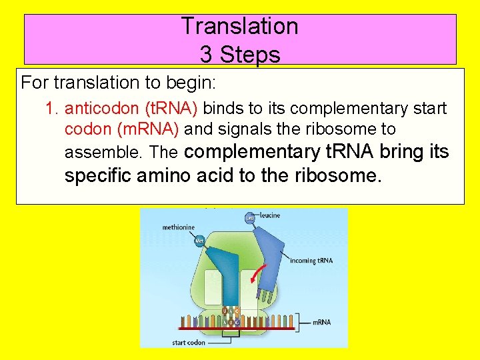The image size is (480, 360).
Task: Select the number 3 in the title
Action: (205, 54)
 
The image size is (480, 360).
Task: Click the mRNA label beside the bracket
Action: (321, 322)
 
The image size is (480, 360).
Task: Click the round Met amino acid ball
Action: (200, 240)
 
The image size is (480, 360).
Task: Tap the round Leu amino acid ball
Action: (250, 217)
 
